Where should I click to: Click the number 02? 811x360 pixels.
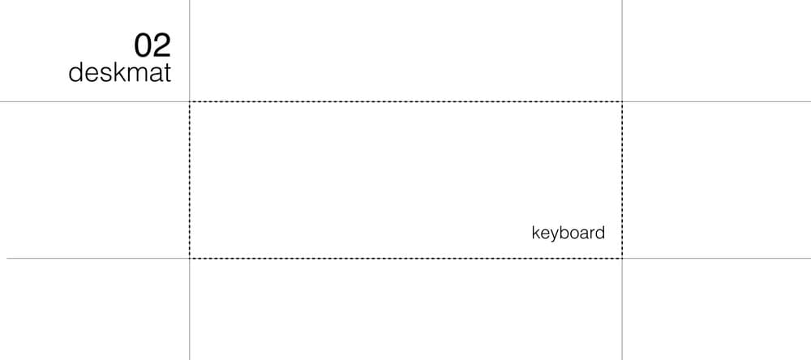pyautogui.click(x=152, y=45)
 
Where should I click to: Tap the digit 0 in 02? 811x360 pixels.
pyautogui.click(x=143, y=45)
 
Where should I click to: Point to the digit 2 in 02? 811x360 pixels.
pyautogui.click(x=162, y=45)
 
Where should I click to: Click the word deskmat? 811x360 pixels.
pyautogui.click(x=120, y=73)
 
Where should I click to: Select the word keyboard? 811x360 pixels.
pyautogui.click(x=568, y=234)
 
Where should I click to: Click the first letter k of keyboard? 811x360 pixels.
pyautogui.click(x=534, y=233)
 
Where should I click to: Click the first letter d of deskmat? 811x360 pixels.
pyautogui.click(x=75, y=73)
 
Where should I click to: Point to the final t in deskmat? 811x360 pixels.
pyautogui.click(x=167, y=73)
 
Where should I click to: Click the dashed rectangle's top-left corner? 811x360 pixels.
pyautogui.click(x=190, y=102)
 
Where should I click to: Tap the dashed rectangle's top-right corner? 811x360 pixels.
pyautogui.click(x=622, y=102)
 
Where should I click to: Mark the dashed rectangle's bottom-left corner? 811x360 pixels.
pyautogui.click(x=190, y=258)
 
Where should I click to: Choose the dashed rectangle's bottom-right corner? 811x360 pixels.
pyautogui.click(x=622, y=258)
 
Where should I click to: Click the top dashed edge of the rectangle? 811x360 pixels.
pyautogui.click(x=405, y=102)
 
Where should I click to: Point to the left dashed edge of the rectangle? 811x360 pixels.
pyautogui.click(x=190, y=180)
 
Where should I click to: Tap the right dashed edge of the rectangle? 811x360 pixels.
pyautogui.click(x=622, y=180)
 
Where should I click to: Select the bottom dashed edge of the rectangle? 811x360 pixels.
pyautogui.click(x=405, y=258)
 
